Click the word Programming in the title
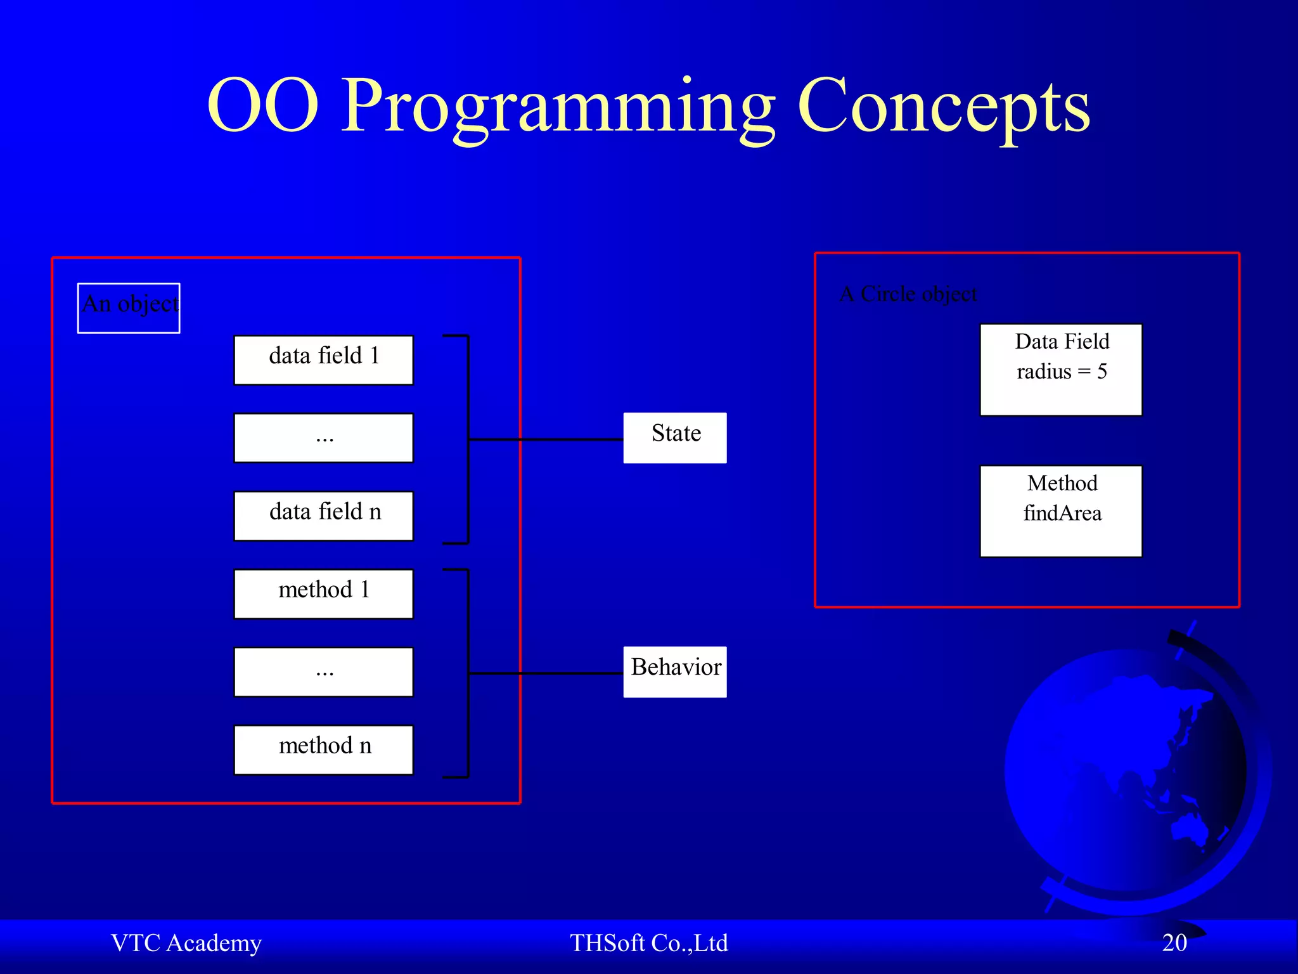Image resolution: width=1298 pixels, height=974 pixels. (558, 108)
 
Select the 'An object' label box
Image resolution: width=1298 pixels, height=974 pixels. (129, 308)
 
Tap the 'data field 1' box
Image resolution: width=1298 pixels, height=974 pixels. (323, 360)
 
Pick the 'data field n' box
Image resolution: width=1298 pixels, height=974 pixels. (323, 516)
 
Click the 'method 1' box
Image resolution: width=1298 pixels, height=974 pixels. (323, 594)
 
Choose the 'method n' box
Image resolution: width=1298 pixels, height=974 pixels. (323, 750)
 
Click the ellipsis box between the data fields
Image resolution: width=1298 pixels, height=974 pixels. (323, 438)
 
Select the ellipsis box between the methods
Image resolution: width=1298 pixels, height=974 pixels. (323, 672)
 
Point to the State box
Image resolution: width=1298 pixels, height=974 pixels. (674, 438)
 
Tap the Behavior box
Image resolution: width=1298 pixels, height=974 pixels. (674, 672)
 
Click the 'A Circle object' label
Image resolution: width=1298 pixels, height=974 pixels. (908, 294)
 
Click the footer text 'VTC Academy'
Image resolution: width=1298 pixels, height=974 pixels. (186, 943)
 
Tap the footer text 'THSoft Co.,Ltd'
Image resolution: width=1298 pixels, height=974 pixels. (648, 943)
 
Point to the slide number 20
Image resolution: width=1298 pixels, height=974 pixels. (1174, 943)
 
